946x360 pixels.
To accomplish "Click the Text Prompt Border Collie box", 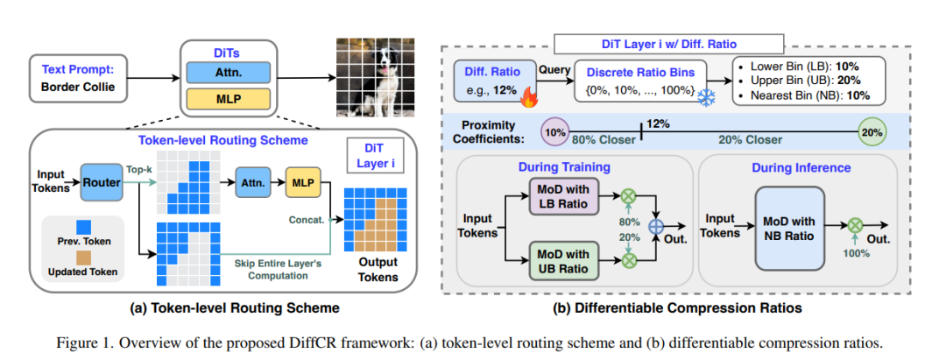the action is pyautogui.click(x=77, y=78).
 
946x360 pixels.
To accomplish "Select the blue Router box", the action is pyautogui.click(x=101, y=183).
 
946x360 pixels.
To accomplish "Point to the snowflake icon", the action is pyautogui.click(x=706, y=99).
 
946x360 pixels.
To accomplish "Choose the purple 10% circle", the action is pyautogui.click(x=554, y=131).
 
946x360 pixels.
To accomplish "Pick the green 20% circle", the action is pyautogui.click(x=872, y=131).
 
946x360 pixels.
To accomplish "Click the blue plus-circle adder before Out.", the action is pyautogui.click(x=656, y=228).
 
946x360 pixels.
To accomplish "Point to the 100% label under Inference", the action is pyautogui.click(x=856, y=254).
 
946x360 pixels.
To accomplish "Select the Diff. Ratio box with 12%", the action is pyautogui.click(x=496, y=81).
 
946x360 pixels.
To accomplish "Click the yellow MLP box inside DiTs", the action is pyautogui.click(x=229, y=99).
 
